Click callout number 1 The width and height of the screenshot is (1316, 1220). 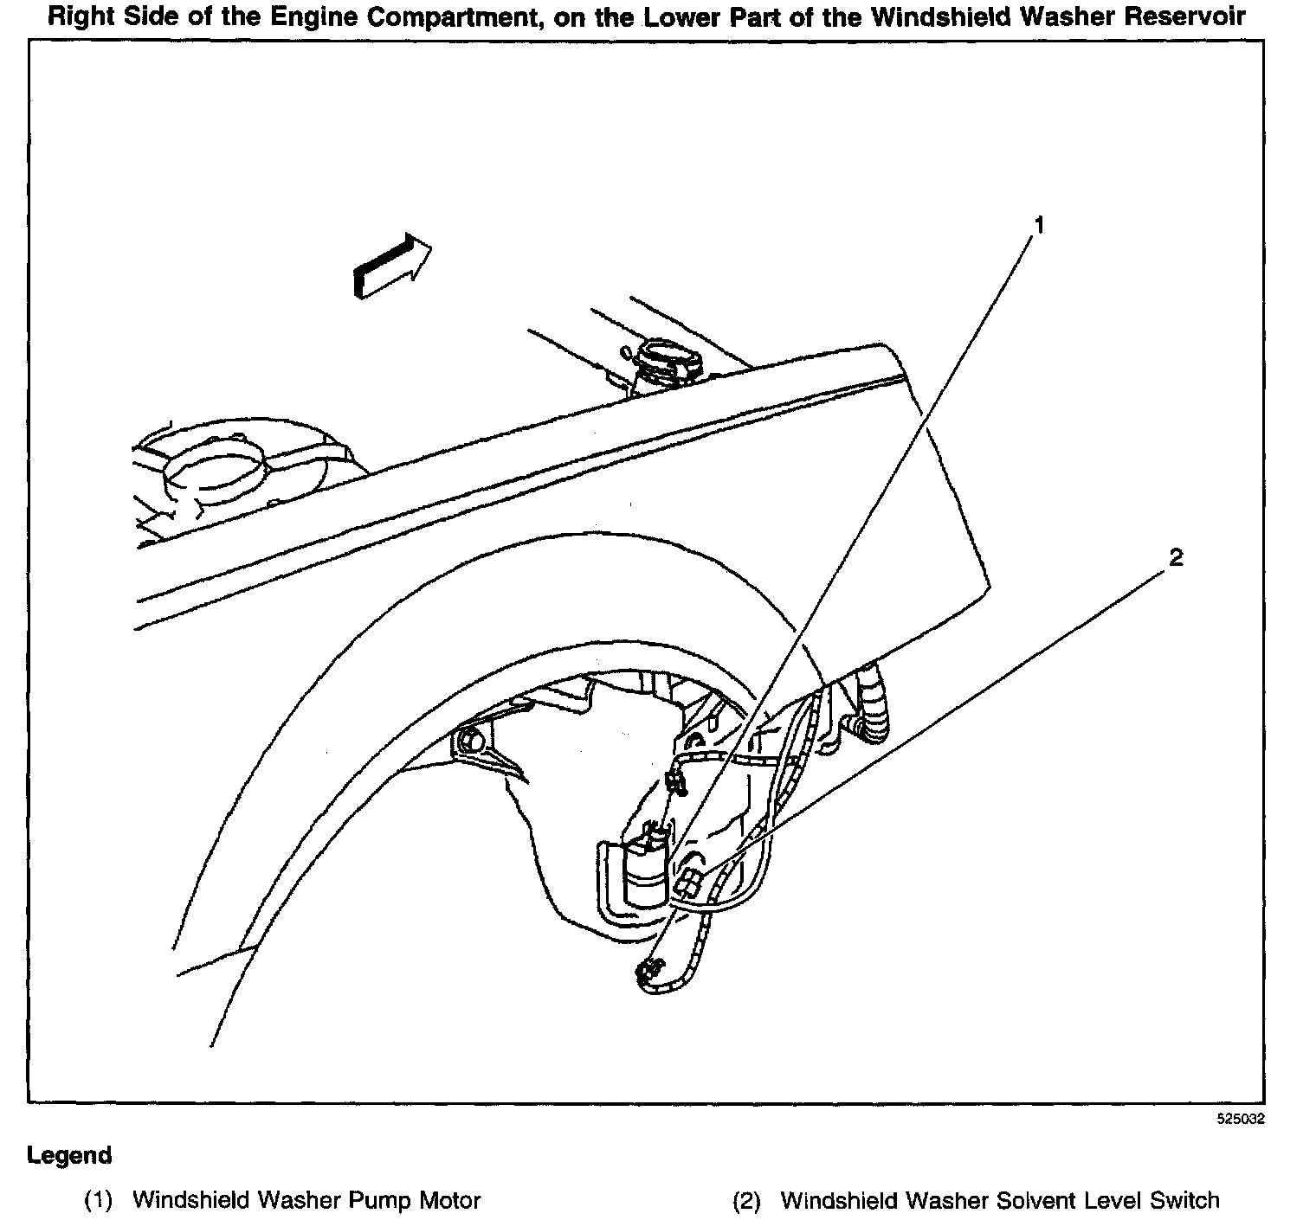(1039, 225)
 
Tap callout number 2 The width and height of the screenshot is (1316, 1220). (1175, 558)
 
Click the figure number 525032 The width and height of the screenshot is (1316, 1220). (1241, 1119)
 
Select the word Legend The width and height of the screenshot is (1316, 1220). (70, 1156)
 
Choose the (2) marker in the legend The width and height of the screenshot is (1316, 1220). (747, 1201)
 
